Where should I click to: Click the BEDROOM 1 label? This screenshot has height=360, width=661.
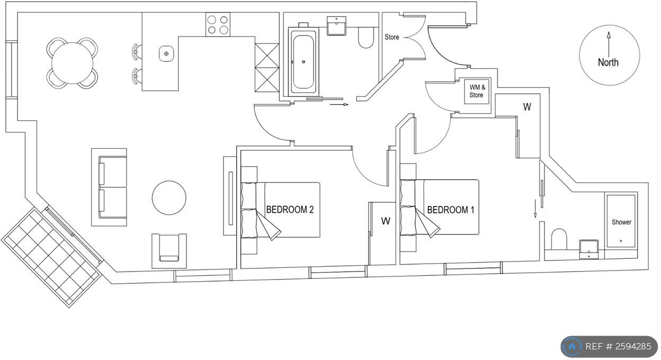pyautogui.click(x=450, y=210)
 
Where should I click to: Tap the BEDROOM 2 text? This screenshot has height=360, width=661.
pyautogui.click(x=290, y=210)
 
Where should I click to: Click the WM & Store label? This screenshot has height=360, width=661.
pyautogui.click(x=477, y=92)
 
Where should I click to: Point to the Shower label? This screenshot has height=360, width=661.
pyautogui.click(x=621, y=222)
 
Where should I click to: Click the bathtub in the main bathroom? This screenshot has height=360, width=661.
pyautogui.click(x=303, y=61)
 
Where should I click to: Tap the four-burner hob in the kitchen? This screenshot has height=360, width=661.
pyautogui.click(x=217, y=25)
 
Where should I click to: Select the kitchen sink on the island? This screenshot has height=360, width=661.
pyautogui.click(x=166, y=53)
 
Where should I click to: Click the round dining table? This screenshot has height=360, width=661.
pyautogui.click(x=73, y=63)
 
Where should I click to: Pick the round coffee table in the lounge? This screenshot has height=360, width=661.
pyautogui.click(x=169, y=197)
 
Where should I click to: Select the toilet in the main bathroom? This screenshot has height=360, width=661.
pyautogui.click(x=366, y=38)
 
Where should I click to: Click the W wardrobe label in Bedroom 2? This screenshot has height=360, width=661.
pyautogui.click(x=385, y=221)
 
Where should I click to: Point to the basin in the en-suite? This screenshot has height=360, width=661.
pyautogui.click(x=589, y=248)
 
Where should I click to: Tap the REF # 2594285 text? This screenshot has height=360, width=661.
pyautogui.click(x=618, y=347)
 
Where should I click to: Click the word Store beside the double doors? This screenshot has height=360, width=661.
pyautogui.click(x=392, y=37)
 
